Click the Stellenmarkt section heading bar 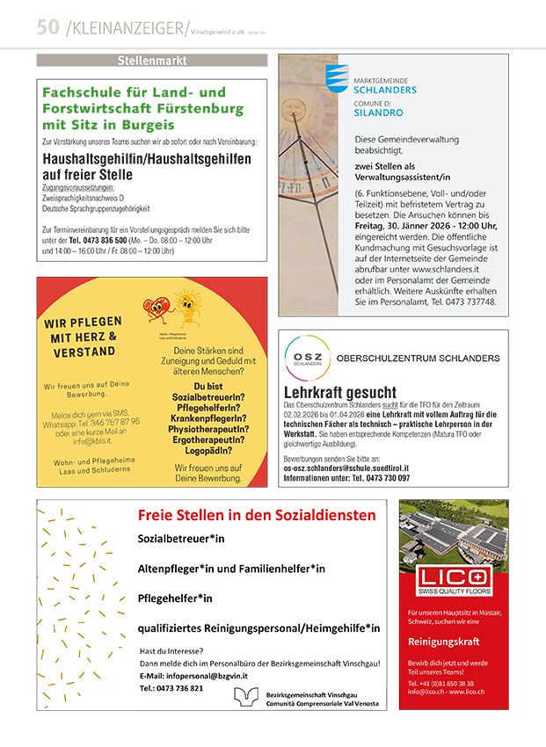(151, 61)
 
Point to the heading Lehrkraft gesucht (339, 392)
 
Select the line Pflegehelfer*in (175, 598)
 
